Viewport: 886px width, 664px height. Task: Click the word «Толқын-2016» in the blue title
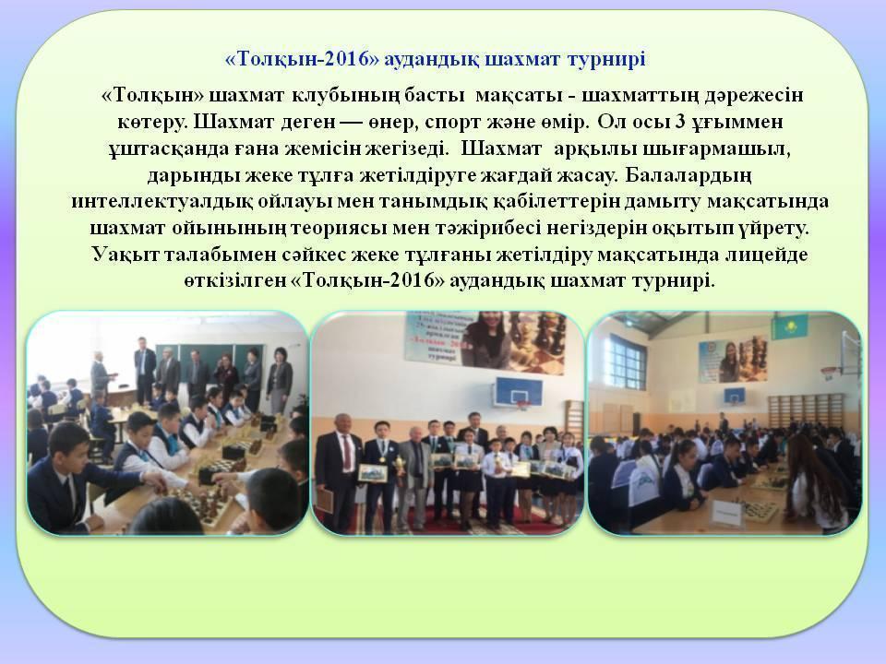pos(302,59)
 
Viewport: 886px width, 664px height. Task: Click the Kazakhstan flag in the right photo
pos(783,326)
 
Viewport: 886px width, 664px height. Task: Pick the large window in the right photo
pos(629,360)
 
